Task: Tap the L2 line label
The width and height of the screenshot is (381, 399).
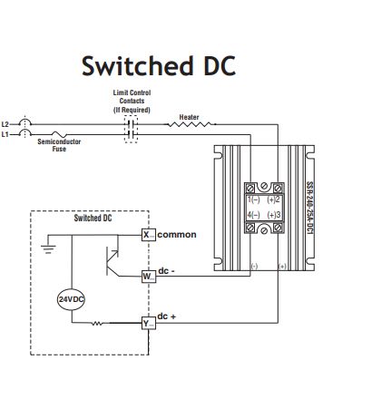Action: click(7, 122)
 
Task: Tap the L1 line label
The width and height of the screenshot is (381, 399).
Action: click(7, 133)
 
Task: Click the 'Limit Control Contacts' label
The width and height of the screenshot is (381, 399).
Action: click(131, 100)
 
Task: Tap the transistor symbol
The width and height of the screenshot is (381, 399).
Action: click(114, 257)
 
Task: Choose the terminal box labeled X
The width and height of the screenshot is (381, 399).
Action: click(147, 234)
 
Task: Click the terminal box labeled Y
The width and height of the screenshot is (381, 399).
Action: click(147, 322)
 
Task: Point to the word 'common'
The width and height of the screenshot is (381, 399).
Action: click(177, 234)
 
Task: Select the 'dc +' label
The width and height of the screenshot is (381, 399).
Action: click(167, 316)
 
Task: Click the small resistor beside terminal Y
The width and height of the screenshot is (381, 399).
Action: click(97, 323)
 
